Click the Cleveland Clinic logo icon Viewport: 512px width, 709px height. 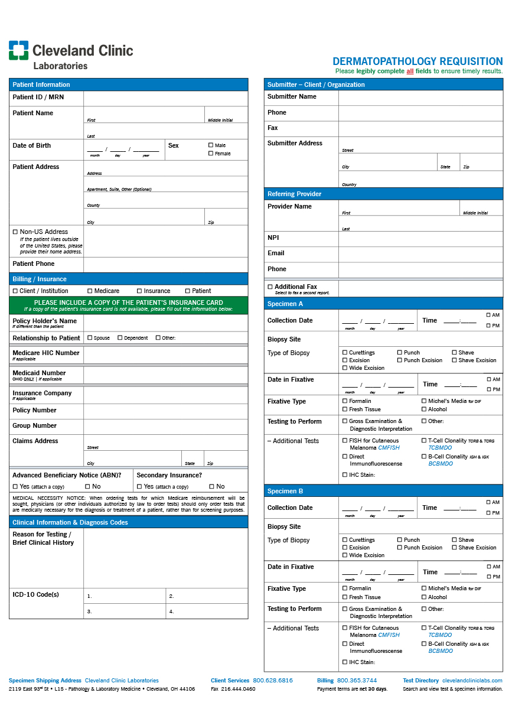point(18,50)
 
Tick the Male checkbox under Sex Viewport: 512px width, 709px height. point(211,145)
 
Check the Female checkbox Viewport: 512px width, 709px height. point(211,154)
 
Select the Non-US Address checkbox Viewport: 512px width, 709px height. point(15,232)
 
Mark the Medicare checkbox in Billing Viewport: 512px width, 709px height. point(90,291)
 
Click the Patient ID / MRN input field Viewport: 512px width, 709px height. point(165,98)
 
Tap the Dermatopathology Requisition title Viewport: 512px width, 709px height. point(418,61)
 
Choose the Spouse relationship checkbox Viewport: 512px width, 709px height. point(90,338)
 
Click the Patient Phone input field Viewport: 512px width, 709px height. point(165,265)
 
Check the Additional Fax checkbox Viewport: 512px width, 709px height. point(270,287)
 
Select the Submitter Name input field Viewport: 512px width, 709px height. point(420,97)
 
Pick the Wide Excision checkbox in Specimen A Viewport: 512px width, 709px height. point(345,368)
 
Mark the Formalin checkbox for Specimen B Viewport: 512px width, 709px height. point(345,588)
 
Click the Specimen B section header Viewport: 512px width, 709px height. point(383,491)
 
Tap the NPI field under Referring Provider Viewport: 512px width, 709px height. point(420,238)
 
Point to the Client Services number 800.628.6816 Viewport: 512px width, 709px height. point(273,681)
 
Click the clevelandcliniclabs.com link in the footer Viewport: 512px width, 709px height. point(472,681)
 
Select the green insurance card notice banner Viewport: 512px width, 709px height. point(128,305)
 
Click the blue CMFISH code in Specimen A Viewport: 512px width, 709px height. point(389,448)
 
